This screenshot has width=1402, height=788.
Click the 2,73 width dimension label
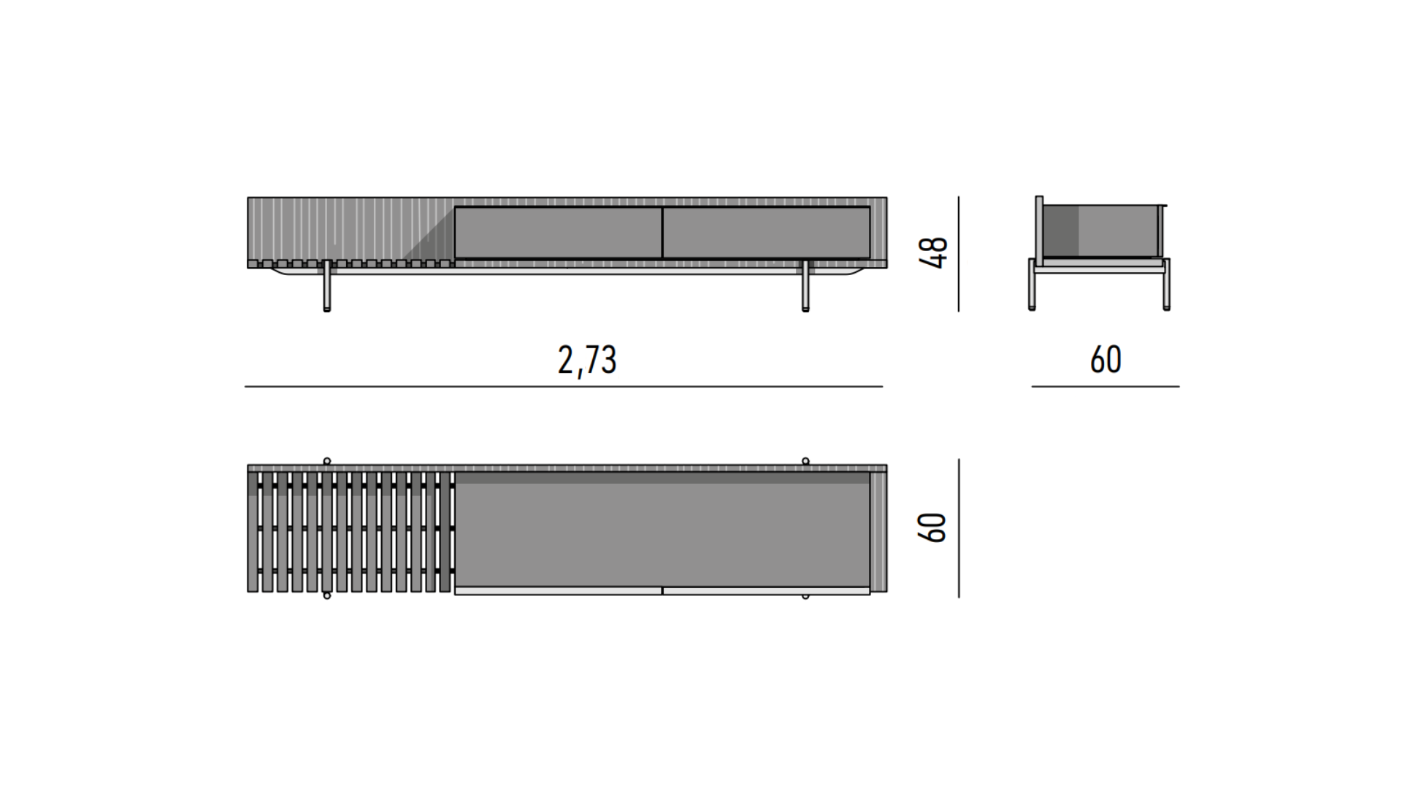pyautogui.click(x=587, y=360)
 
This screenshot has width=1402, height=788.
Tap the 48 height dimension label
pyautogui.click(x=935, y=252)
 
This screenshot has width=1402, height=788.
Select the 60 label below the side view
pyautogui.click(x=1106, y=360)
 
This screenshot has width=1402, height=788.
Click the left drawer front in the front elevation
pyautogui.click(x=559, y=233)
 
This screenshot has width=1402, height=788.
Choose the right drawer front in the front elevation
pyautogui.click(x=766, y=233)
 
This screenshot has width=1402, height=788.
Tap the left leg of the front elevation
pyautogui.click(x=327, y=286)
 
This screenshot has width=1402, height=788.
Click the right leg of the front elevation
pyautogui.click(x=805, y=286)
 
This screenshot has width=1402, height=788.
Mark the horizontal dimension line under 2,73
pyautogui.click(x=564, y=386)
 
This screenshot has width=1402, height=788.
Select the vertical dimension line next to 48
pyautogui.click(x=959, y=254)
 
